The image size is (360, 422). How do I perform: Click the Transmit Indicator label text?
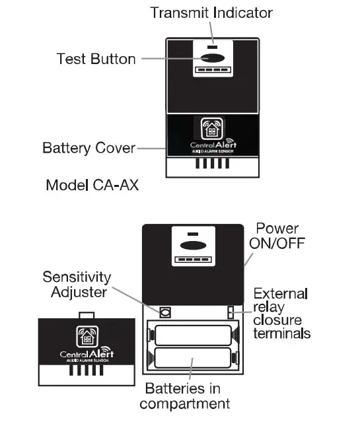point(211,13)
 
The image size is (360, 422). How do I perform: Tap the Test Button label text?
point(96,59)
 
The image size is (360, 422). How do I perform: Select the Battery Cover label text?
point(89,147)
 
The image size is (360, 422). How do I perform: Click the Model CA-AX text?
point(92,184)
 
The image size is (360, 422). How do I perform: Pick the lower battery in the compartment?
point(192,359)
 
